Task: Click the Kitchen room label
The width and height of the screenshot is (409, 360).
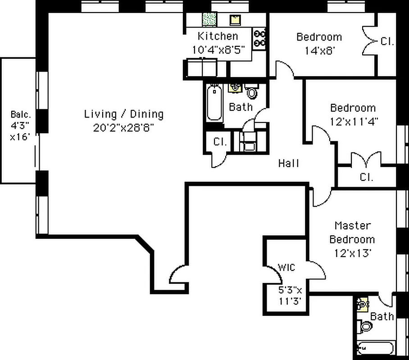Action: [218, 36]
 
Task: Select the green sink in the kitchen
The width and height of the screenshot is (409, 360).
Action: [209, 19]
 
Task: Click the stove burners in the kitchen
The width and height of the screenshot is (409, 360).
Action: [260, 38]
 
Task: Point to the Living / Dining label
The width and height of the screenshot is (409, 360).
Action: [124, 114]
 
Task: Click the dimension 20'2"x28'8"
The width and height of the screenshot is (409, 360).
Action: [124, 127]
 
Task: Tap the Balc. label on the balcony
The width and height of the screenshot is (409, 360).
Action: [20, 114]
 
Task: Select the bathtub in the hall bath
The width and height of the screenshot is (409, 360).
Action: [214, 103]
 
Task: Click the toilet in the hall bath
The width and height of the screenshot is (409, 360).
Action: [252, 93]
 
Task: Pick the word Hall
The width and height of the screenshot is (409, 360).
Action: [288, 163]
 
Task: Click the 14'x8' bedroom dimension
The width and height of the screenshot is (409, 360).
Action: [319, 50]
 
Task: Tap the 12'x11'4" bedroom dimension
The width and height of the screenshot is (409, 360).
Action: [354, 121]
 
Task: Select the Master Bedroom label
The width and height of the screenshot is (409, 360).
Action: [352, 232]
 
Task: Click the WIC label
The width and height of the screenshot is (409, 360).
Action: [286, 268]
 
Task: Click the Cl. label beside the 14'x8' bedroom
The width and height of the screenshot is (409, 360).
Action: [387, 42]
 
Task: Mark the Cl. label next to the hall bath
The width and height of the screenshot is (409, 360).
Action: [219, 142]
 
